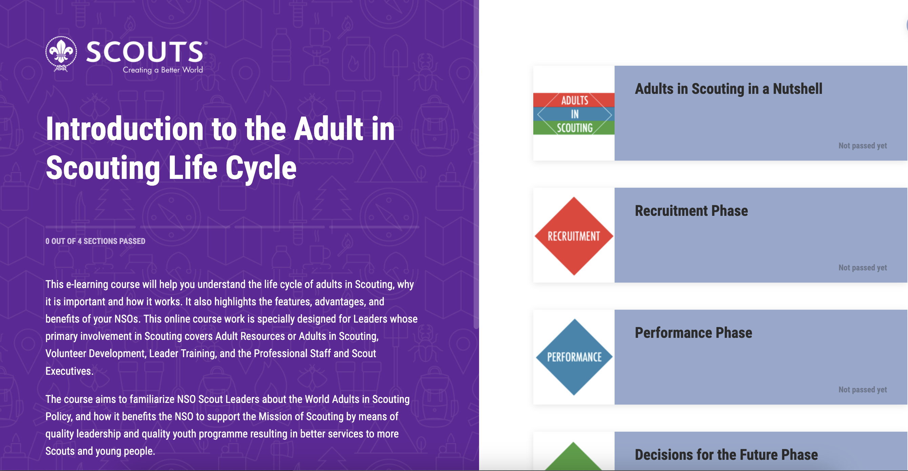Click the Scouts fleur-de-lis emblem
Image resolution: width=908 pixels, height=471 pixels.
61,54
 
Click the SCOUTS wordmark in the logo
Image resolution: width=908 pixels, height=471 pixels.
145,52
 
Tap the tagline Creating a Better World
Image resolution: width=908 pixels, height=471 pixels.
163,70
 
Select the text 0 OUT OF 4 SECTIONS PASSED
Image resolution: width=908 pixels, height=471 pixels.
95,241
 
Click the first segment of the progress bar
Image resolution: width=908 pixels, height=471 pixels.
90,227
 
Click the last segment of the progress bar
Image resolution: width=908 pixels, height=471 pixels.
374,227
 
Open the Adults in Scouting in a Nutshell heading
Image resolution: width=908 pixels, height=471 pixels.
728,89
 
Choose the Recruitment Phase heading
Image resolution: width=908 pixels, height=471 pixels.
691,211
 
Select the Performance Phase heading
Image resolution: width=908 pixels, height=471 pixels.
693,333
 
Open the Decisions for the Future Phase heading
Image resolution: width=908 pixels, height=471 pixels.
726,455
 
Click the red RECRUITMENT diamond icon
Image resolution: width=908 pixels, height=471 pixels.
574,236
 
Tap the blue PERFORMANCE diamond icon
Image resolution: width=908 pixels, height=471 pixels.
574,357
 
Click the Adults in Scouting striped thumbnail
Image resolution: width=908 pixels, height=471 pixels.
574,114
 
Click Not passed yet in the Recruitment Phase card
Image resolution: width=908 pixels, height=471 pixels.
863,268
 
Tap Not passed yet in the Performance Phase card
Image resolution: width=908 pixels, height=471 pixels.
863,390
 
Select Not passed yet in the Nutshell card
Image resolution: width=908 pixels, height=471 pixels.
863,146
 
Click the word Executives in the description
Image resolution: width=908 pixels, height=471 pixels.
69,371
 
